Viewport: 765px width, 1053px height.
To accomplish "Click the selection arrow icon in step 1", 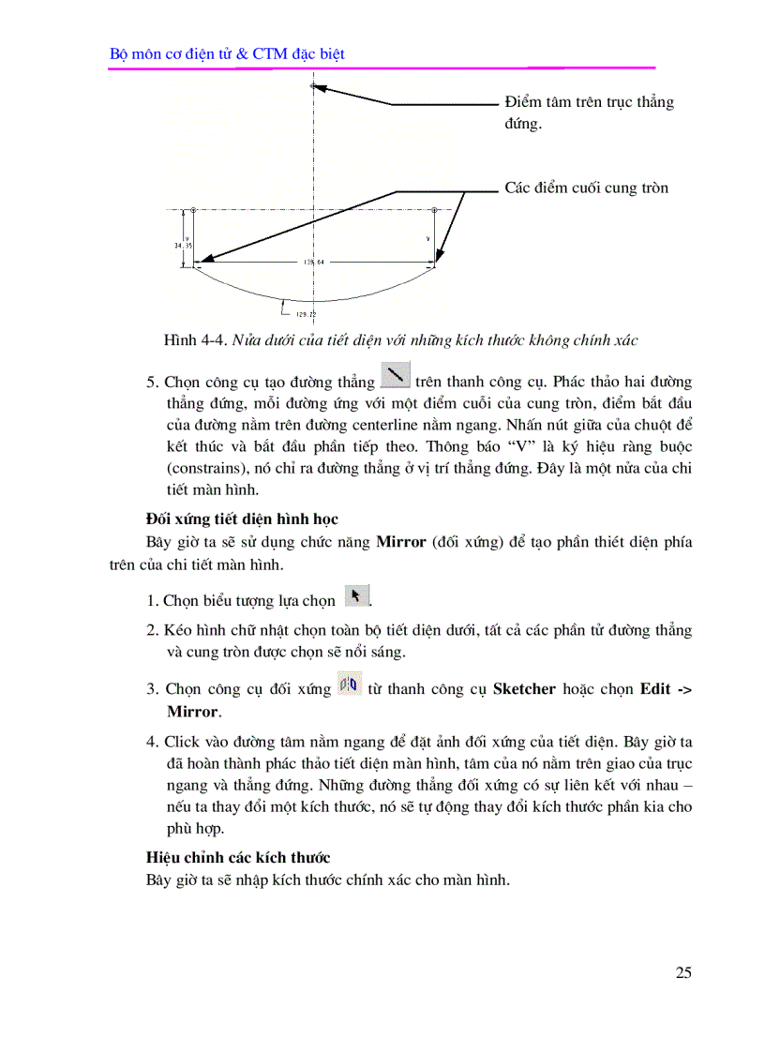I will click(x=356, y=595).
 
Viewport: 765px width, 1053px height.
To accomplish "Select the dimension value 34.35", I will click(x=182, y=245).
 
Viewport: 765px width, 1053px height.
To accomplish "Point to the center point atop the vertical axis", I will click(x=313, y=86).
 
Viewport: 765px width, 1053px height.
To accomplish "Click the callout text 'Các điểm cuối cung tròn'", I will click(x=586, y=188).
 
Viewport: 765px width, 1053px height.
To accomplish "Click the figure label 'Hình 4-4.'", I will click(x=190, y=339).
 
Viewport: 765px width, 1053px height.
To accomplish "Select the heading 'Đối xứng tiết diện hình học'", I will click(x=242, y=519).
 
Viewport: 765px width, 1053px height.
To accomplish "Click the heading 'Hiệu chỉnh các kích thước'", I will click(x=238, y=857).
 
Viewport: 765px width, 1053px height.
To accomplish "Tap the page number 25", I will click(x=682, y=972).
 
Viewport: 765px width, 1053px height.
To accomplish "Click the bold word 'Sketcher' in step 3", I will click(x=525, y=689).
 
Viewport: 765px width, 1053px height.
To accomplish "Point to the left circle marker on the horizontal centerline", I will click(x=193, y=210).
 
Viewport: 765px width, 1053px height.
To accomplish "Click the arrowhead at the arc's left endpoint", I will click(x=200, y=263).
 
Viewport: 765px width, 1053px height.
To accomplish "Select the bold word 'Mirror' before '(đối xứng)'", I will click(x=400, y=542).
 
